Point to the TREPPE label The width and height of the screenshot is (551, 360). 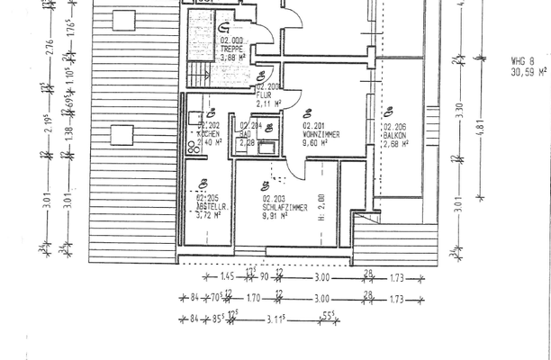click(230, 49)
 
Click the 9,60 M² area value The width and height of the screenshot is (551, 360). click(314, 142)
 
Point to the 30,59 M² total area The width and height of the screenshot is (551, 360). click(528, 70)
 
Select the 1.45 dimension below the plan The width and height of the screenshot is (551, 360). click(229, 276)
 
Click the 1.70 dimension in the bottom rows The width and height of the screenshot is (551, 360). click(253, 296)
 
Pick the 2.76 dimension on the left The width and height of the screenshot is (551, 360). click(50, 45)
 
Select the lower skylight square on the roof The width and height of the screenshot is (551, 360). click(121, 137)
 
